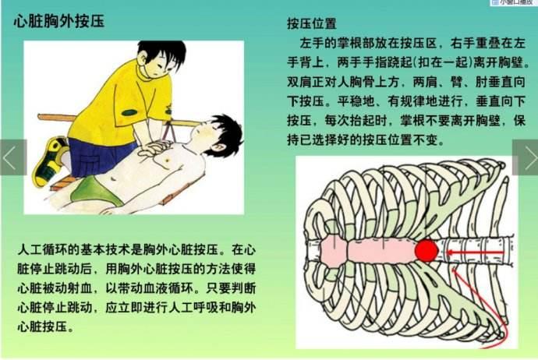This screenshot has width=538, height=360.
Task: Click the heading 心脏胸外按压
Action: tap(59, 21)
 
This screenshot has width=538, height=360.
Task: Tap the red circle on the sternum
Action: tap(426, 251)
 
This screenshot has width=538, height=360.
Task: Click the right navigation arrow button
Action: tap(526, 157)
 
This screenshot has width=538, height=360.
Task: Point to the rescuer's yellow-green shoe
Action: tap(49, 160)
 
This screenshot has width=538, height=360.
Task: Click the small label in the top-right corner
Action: tap(512, 3)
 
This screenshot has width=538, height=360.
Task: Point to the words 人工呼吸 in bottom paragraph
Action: tap(184, 309)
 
